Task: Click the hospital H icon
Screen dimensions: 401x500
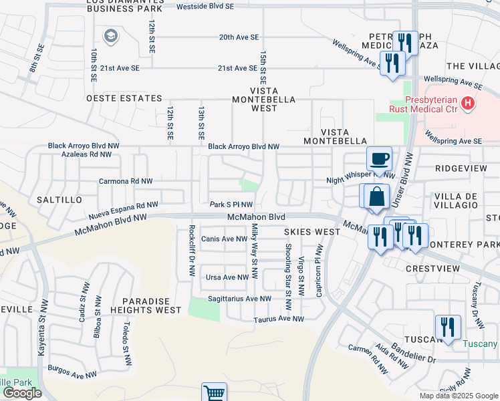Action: tap(469, 104)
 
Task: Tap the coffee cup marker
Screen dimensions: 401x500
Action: tap(379, 159)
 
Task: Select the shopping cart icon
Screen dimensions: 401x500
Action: tap(215, 393)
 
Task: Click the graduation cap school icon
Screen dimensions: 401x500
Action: tap(111, 36)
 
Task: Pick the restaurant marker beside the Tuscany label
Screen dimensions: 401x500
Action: tap(447, 327)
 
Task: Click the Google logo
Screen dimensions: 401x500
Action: tap(22, 393)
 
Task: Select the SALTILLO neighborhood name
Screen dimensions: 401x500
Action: tap(59, 200)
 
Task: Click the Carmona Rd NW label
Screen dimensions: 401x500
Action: tap(126, 181)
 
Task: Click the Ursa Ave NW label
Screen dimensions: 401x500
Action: tap(227, 277)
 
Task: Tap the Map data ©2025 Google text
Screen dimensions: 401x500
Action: tap(458, 396)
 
